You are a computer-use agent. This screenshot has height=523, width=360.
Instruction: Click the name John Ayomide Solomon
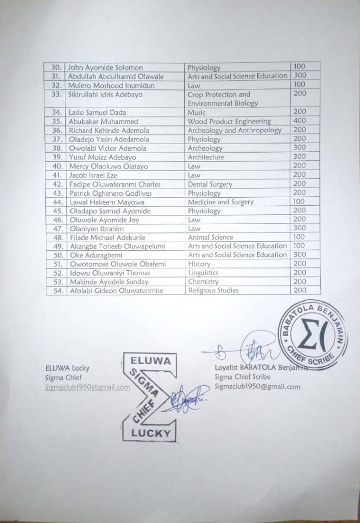point(106,67)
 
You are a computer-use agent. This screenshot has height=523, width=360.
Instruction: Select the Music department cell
point(197,112)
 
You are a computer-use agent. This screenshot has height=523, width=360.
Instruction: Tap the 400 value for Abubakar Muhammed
point(300,121)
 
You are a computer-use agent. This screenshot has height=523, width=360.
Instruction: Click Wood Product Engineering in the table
point(229,122)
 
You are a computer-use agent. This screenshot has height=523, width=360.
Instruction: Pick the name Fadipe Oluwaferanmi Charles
point(115,184)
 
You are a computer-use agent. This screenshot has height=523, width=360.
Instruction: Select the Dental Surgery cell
point(210,184)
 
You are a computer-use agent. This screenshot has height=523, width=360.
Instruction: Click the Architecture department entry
point(206,157)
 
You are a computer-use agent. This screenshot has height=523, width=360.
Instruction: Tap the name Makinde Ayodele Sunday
point(109,282)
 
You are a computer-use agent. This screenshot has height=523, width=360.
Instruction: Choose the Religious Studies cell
point(213,291)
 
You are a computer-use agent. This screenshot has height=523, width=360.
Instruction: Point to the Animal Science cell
point(210,237)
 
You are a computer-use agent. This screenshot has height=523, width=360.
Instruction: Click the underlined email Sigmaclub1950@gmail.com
point(87,388)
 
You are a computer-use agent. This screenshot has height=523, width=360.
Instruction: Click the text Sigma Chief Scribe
point(243,377)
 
